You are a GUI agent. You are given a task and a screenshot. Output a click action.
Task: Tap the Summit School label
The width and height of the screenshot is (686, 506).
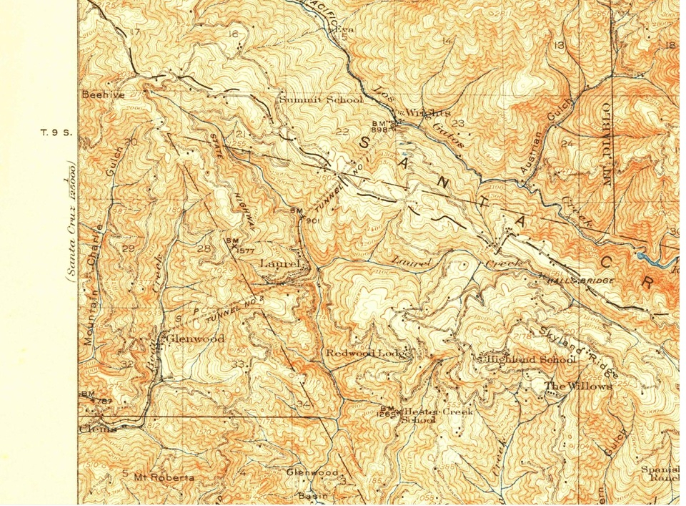[x=321, y=99]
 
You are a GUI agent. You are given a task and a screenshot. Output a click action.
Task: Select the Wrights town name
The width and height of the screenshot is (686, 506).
[x=428, y=113]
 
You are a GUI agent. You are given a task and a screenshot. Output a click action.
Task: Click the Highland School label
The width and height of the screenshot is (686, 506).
[x=530, y=359]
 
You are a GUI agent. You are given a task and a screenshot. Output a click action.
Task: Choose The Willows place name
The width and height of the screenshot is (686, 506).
[x=579, y=386]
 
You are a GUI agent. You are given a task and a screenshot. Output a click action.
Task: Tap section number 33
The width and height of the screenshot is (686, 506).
[x=238, y=364]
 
